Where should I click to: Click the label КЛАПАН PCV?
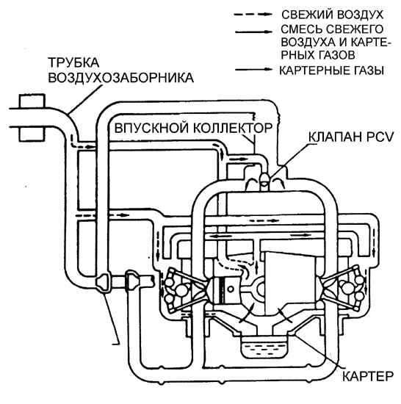click(351, 137)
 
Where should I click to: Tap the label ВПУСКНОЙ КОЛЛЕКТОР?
click(193, 128)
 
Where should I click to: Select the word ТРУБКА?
click(73, 62)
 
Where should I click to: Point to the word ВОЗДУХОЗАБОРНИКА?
click(120, 78)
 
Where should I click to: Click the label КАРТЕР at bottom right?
click(368, 376)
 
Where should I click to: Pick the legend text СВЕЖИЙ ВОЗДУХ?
click(332, 15)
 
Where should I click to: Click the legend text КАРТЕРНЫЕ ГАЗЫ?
click(332, 71)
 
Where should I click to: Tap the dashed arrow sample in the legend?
click(253, 15)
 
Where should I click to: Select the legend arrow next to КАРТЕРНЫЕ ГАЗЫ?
click(253, 69)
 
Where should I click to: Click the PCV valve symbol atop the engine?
click(264, 179)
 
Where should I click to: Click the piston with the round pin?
click(224, 289)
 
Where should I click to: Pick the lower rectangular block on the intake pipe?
click(32, 134)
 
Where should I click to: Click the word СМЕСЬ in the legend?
click(299, 29)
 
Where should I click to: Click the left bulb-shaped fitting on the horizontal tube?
click(103, 282)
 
